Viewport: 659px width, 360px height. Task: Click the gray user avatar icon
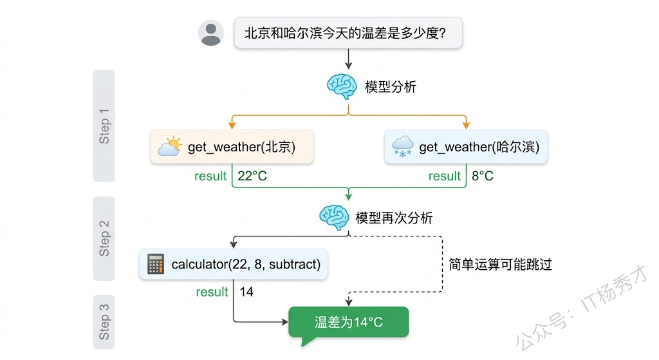pyautogui.click(x=211, y=33)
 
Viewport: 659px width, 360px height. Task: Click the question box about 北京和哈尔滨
pyautogui.click(x=348, y=32)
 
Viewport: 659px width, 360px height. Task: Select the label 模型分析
pyautogui.click(x=391, y=86)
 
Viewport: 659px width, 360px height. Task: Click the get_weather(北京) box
pyautogui.click(x=232, y=147)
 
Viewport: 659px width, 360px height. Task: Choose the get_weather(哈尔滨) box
pyautogui.click(x=466, y=147)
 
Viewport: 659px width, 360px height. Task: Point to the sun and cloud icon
pyautogui.click(x=169, y=147)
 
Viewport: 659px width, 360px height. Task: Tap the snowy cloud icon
pyautogui.click(x=403, y=147)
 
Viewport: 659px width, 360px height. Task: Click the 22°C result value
pyautogui.click(x=252, y=176)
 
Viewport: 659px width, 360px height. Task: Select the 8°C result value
pyautogui.click(x=483, y=176)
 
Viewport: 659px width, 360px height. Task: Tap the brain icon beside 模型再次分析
pyautogui.click(x=334, y=218)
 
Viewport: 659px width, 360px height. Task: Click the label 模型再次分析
pyautogui.click(x=394, y=218)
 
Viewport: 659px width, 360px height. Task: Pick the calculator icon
pyautogui.click(x=155, y=264)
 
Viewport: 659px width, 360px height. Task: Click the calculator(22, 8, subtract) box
pyautogui.click(x=234, y=264)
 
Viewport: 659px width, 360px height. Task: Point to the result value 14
pyautogui.click(x=246, y=292)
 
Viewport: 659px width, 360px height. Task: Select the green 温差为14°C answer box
pyautogui.click(x=349, y=321)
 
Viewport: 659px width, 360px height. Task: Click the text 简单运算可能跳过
pyautogui.click(x=501, y=264)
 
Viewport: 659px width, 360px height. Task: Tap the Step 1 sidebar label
pyautogui.click(x=104, y=126)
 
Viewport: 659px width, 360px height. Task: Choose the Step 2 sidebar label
pyautogui.click(x=104, y=238)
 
